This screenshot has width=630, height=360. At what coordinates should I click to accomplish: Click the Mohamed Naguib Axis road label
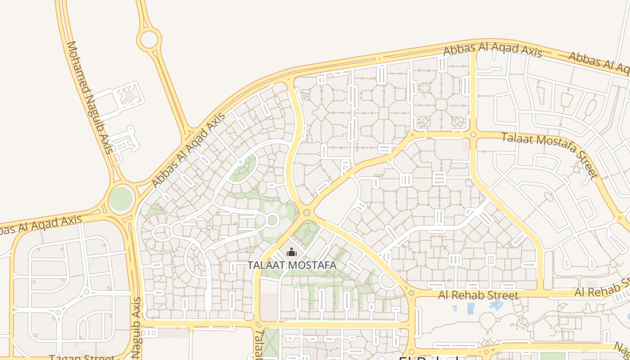(90, 97)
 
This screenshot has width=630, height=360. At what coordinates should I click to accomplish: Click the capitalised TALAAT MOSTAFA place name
(292, 265)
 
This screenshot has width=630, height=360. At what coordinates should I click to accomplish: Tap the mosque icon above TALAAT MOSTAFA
(292, 252)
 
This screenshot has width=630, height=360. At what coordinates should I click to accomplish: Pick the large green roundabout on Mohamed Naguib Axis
(121, 198)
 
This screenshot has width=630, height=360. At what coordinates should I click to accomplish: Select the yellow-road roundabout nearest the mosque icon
(307, 212)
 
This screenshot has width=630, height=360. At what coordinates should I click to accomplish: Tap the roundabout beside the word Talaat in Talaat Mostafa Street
(473, 135)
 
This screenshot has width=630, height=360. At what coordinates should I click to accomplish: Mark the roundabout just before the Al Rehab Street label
(411, 293)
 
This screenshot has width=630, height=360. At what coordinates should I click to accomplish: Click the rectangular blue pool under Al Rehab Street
(471, 309)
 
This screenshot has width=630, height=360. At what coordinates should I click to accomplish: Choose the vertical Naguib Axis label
(137, 327)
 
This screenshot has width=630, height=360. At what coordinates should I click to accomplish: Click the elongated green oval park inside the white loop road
(243, 168)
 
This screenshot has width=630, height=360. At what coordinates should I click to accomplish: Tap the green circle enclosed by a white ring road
(272, 220)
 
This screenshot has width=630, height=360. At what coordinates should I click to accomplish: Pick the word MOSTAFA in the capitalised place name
(314, 265)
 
